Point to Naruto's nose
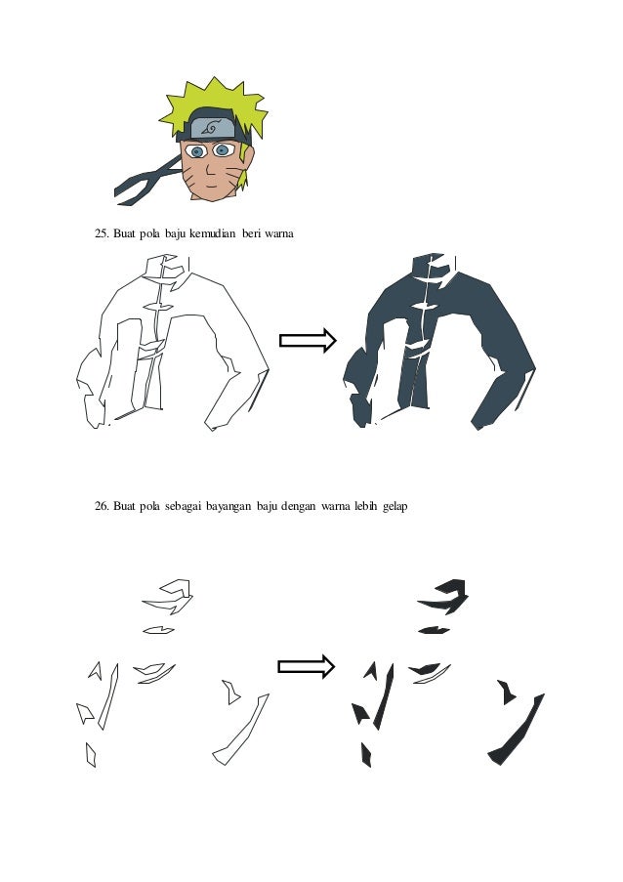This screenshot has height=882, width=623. pos(207,170)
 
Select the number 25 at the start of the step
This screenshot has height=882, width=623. pos(102,233)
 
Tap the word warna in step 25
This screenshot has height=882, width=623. pos(279,233)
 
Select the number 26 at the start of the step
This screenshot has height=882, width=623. pos(102,506)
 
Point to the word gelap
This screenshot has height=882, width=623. pos(395,506)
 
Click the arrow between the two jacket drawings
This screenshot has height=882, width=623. pos(308,340)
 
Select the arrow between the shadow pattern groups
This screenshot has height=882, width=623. pos(307,666)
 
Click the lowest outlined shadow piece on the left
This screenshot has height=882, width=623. pos(91,754)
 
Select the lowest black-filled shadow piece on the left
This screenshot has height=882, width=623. pos(365,755)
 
